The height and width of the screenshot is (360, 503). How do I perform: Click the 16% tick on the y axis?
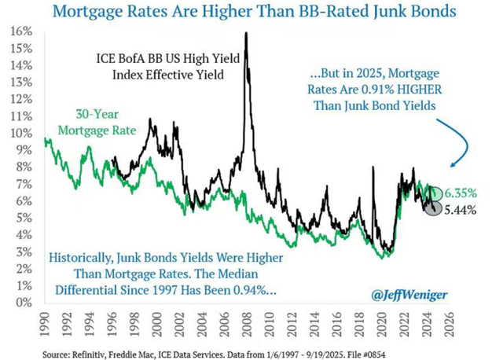(x=20, y=31)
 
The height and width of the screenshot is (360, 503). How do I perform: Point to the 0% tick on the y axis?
(x=23, y=302)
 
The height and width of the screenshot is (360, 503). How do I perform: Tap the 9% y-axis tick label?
(x=23, y=149)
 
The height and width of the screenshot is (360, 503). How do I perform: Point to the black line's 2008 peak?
(x=248, y=33)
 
